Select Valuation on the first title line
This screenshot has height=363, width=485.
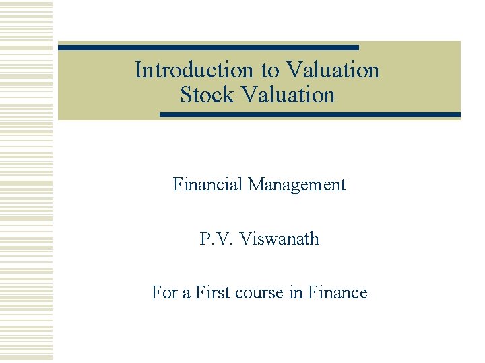(x=332, y=70)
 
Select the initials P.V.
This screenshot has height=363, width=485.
(x=216, y=239)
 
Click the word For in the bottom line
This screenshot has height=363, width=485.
(x=164, y=293)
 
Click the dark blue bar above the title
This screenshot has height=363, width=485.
(x=208, y=48)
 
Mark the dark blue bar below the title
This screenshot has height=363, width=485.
(x=310, y=115)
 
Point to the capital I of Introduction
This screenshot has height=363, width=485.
(x=138, y=70)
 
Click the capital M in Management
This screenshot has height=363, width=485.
(x=255, y=184)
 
